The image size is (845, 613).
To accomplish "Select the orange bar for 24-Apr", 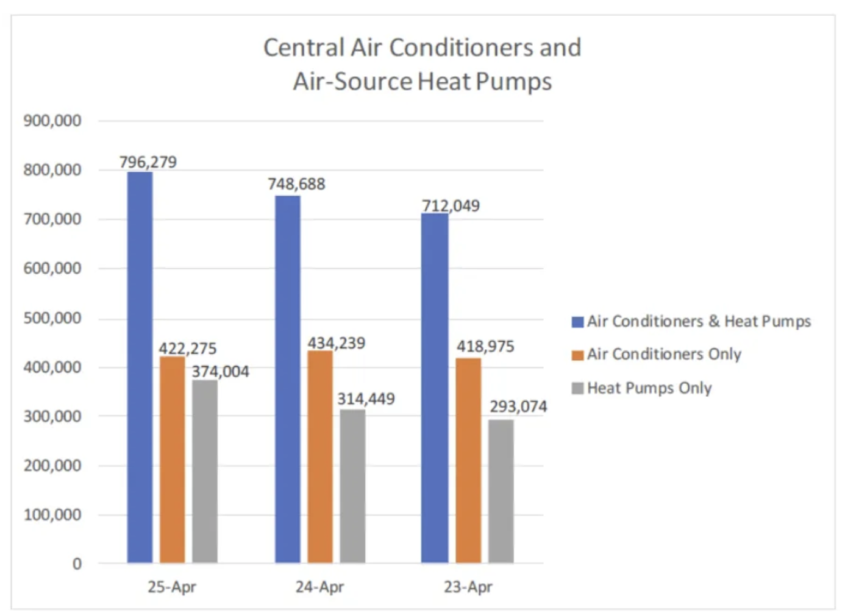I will [320, 456].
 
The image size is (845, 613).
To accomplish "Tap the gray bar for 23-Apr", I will [501, 491].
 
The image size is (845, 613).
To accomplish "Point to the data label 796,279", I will [148, 162].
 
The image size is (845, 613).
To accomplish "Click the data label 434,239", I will [337, 343].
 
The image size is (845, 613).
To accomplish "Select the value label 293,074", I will [518, 406].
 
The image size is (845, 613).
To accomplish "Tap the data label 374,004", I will [221, 372].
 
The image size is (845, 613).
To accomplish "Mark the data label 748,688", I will [296, 184].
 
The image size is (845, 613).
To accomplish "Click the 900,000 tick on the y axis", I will [52, 121].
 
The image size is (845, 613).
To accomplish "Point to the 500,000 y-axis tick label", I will [52, 318].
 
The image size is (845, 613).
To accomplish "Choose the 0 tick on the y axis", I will [77, 564].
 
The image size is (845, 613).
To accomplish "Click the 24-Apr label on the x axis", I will [319, 587].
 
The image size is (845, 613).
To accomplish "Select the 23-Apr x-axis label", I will [468, 587].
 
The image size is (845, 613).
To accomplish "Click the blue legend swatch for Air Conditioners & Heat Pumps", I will [577, 322].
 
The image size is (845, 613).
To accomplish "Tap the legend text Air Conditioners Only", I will [664, 354].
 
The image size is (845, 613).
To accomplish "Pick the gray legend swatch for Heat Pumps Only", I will [577, 388].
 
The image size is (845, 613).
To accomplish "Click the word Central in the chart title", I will [304, 48].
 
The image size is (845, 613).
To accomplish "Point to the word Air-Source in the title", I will [352, 82].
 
